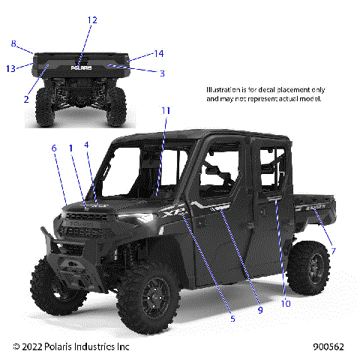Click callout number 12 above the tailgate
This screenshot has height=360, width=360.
[x=91, y=20]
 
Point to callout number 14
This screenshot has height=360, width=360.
[x=158, y=54]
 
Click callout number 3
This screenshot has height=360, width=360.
[x=161, y=73]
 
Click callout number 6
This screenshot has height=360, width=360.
[x=53, y=148]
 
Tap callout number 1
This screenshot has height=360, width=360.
[x=71, y=148]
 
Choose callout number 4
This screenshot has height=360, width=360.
[x=86, y=144]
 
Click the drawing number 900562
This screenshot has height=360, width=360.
[x=328, y=346]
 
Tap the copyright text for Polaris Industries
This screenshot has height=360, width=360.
[x=71, y=346]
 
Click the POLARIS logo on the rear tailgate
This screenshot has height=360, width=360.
[x=81, y=66]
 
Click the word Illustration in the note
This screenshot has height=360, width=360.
[x=224, y=90]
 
